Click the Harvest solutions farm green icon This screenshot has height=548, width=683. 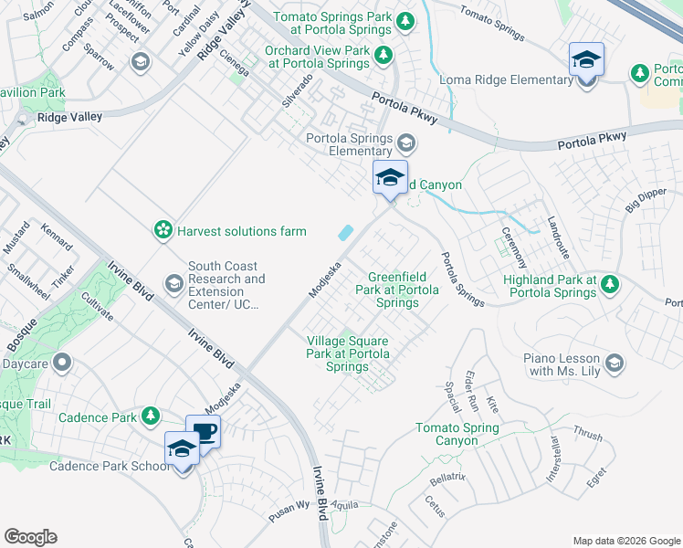coord(163,230)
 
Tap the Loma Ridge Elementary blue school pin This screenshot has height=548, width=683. coord(585,63)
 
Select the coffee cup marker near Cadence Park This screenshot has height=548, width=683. coord(203,432)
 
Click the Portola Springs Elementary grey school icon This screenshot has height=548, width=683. coord(406,144)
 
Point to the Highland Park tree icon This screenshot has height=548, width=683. coord(611,286)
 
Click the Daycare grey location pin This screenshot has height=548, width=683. coord(61,364)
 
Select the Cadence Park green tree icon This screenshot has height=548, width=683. coord(151,417)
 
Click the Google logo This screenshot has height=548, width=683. coord(30,537)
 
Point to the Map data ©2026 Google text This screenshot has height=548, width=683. coord(626,541)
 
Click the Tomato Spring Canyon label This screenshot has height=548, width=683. coord(457,434)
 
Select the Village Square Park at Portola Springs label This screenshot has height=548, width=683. coord(348,354)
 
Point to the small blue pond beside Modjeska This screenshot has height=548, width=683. coord(346,233)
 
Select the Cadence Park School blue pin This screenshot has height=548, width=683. coord(182,450)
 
